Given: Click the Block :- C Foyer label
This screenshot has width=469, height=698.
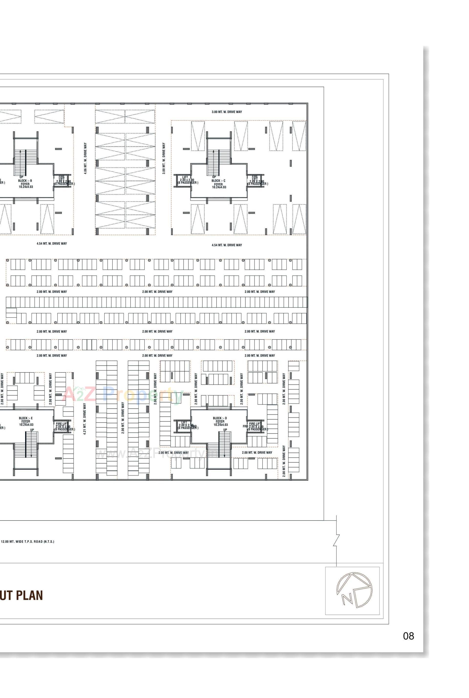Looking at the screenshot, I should tap(218, 184).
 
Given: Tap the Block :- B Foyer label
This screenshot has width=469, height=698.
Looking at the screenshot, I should tap(25, 184).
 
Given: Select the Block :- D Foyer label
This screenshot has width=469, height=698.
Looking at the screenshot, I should tap(220, 421).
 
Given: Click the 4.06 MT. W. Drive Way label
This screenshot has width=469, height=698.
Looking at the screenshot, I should tap(85, 158).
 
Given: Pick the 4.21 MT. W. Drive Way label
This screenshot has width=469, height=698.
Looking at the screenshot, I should tap(85, 419).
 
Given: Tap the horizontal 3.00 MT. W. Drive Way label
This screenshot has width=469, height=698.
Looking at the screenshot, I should tap(227, 112).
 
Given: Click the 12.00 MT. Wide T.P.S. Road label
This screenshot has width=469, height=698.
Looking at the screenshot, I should tap(28, 542).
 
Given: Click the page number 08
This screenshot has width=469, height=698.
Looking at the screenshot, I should tap(408, 636).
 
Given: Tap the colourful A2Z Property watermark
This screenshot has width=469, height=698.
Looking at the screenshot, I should tap(123, 395).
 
